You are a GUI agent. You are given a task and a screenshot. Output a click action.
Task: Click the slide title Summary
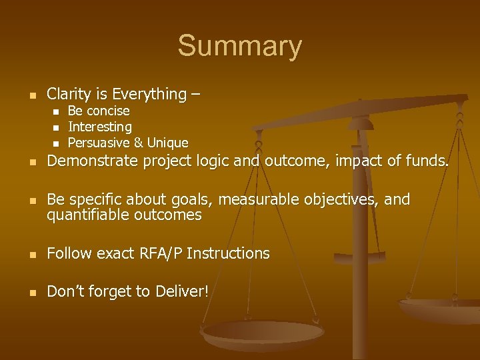point(239,47)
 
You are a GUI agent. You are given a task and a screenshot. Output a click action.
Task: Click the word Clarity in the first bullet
point(69,95)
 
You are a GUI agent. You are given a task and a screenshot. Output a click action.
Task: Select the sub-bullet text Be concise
point(99,111)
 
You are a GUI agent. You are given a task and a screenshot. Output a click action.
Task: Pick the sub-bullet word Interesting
point(100,127)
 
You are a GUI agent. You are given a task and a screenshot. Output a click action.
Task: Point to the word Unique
point(167,143)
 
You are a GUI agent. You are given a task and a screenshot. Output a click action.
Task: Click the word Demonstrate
point(91,161)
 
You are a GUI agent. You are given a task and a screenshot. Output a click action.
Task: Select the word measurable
point(251,200)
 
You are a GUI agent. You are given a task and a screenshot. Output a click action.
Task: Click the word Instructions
point(228,253)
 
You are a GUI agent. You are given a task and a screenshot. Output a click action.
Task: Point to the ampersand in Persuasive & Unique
point(138,143)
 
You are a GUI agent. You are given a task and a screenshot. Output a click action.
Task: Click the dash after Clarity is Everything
point(194,95)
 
